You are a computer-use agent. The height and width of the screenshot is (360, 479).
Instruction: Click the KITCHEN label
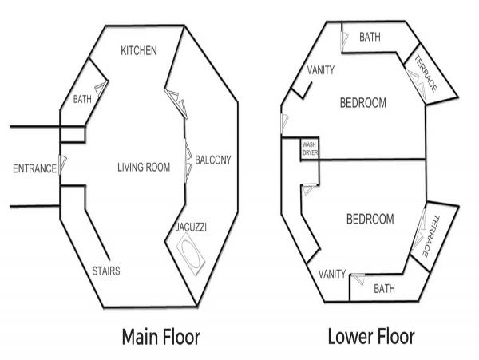pyautogui.click(x=139, y=50)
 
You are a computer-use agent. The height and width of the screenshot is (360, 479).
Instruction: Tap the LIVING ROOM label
pyautogui.click(x=144, y=168)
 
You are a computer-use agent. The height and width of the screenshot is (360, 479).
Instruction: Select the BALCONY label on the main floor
pyautogui.click(x=213, y=160)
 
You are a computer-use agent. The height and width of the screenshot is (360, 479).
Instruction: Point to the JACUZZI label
pyautogui.click(x=191, y=227)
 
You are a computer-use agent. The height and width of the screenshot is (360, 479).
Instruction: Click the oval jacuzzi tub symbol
pyautogui.click(x=191, y=254)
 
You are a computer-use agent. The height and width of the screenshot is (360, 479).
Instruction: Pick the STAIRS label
pyautogui.click(x=106, y=271)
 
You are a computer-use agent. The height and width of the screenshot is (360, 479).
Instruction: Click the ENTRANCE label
pyautogui.click(x=34, y=168)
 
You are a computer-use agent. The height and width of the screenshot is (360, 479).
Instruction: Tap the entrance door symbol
pyautogui.click(x=62, y=164)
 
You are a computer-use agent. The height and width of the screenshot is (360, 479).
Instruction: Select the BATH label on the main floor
pyautogui.click(x=82, y=99)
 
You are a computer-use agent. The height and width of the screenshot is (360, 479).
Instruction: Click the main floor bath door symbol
pyautogui.click(x=101, y=89)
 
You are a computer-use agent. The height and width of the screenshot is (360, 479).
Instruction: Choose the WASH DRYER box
pyautogui.click(x=310, y=148)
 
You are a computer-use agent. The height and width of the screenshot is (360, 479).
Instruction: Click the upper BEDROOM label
pyautogui.click(x=363, y=103)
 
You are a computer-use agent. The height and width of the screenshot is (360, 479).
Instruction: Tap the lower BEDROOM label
pyautogui.click(x=370, y=220)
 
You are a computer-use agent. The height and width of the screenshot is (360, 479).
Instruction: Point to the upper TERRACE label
pyautogui.click(x=426, y=73)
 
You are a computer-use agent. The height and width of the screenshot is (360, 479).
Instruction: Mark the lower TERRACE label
pyautogui.click(x=430, y=236)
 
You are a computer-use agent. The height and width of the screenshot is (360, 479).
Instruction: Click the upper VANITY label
pyautogui.click(x=321, y=70)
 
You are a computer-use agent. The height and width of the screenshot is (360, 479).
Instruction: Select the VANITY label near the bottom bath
pyautogui.click(x=332, y=274)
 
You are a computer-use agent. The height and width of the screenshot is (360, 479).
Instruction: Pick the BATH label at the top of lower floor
pyautogui.click(x=370, y=37)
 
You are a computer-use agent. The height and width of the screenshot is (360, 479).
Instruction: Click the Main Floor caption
pyautogui.click(x=161, y=337)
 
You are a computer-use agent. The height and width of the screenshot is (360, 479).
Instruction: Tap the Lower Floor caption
pyautogui.click(x=371, y=336)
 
